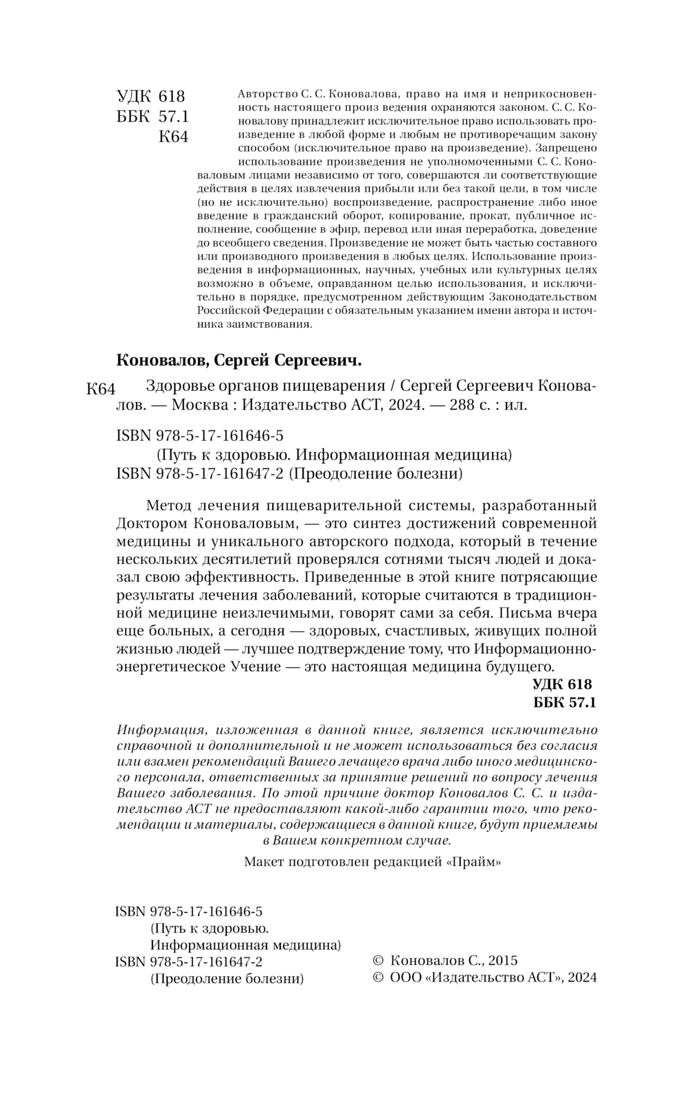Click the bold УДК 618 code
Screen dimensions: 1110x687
(561, 684)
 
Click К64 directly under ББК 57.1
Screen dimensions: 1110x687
(173, 137)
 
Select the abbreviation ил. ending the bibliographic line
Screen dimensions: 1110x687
(515, 405)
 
